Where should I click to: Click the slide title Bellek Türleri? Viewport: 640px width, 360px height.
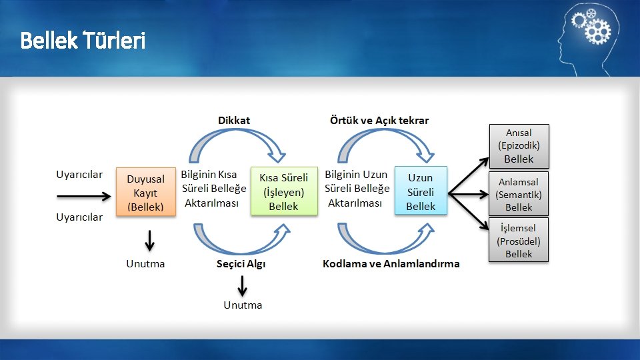pyautogui.click(x=83, y=41)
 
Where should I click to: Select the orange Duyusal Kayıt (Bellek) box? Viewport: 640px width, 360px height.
pyautogui.click(x=146, y=193)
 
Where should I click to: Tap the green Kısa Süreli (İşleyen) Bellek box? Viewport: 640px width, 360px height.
pyautogui.click(x=284, y=191)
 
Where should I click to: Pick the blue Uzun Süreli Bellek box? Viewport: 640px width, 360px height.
pyautogui.click(x=421, y=191)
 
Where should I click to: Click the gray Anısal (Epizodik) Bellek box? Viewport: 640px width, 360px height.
pyautogui.click(x=519, y=145)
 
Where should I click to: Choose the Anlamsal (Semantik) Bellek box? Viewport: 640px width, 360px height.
pyautogui.click(x=519, y=194)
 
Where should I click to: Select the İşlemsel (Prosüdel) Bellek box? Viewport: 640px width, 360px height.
pyautogui.click(x=519, y=241)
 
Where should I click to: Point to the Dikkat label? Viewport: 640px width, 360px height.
pyautogui.click(x=234, y=121)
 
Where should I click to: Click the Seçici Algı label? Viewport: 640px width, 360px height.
pyautogui.click(x=241, y=263)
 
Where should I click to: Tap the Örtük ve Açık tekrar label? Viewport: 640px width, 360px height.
pyautogui.click(x=379, y=121)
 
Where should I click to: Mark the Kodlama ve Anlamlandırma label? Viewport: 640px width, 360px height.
pyautogui.click(x=391, y=263)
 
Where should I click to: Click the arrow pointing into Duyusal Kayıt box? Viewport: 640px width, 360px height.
pyautogui.click(x=84, y=196)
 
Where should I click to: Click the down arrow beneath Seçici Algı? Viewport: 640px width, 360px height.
pyautogui.click(x=242, y=285)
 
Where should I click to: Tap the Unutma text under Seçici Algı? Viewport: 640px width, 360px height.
pyautogui.click(x=243, y=305)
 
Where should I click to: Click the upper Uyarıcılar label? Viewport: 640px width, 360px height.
pyautogui.click(x=79, y=175)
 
